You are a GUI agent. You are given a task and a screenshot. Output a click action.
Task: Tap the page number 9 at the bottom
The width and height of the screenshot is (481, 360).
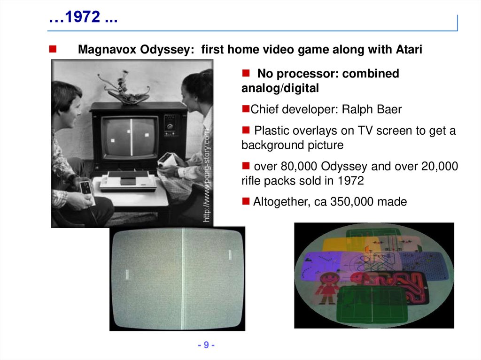[205, 345]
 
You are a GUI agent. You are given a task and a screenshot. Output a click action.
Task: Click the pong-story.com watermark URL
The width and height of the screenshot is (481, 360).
[207, 176]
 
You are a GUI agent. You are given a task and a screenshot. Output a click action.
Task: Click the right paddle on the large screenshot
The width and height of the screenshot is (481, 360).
[230, 254]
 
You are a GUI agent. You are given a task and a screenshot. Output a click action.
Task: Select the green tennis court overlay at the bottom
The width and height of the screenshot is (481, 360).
[371, 302]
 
